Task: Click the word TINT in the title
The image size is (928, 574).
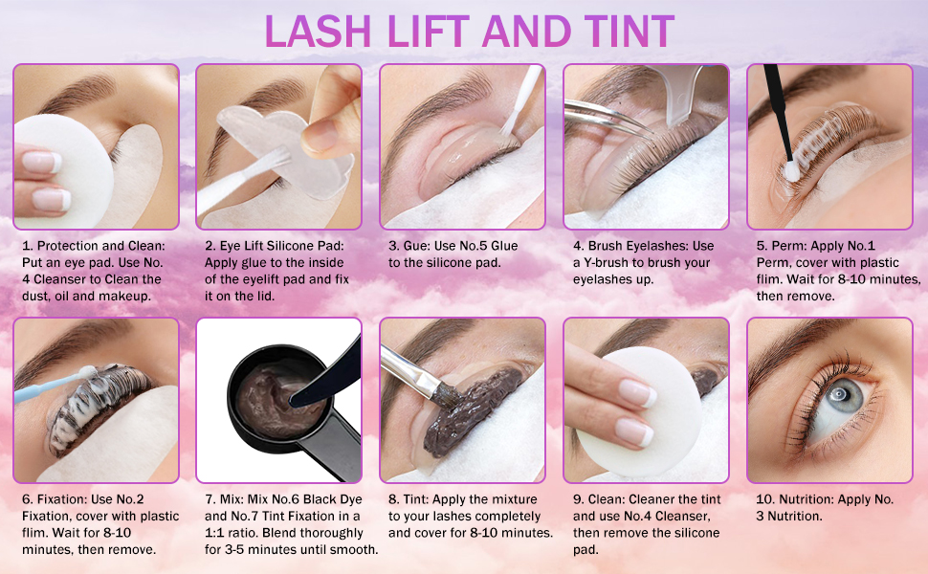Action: coord(630,31)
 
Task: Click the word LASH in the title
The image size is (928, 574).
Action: coord(318,31)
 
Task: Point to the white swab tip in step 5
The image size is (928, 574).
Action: coord(791,171)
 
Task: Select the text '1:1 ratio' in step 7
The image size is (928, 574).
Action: coord(233,533)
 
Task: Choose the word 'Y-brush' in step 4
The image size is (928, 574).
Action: coord(606,263)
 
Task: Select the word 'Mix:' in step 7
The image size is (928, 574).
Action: coord(232,499)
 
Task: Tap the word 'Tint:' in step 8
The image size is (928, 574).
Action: coord(417,499)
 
